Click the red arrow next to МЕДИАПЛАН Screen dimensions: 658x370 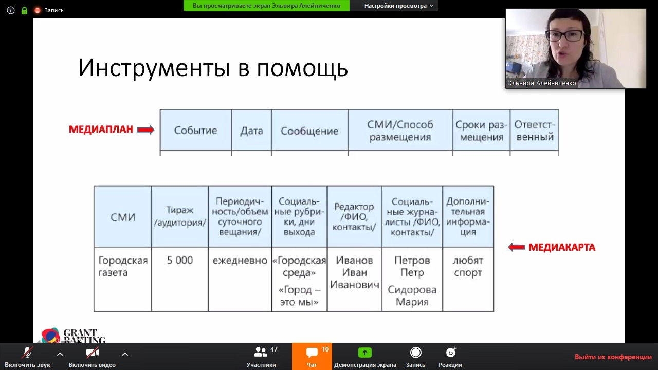point(145,129)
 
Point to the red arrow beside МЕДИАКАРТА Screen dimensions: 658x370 point(517,247)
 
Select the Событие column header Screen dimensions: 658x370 point(196,130)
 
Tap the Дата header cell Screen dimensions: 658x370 point(251,130)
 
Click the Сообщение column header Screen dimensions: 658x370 point(309,130)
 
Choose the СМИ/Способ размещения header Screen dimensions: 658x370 point(400,130)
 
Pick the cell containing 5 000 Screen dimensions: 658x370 point(180,279)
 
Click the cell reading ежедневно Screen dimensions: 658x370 point(240,279)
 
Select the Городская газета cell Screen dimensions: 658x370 point(123,279)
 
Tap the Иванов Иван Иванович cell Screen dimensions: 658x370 point(355,279)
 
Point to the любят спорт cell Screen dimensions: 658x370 point(468,279)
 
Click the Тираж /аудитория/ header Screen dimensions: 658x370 point(180,216)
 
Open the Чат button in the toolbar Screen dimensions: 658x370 point(312,357)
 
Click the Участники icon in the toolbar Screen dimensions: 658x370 point(260,352)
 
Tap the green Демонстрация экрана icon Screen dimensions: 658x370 point(365,353)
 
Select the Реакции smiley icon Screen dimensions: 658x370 point(451,352)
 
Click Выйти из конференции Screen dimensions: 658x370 point(613,357)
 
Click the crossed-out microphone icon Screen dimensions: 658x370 point(27,353)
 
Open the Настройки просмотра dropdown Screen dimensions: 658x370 point(398,6)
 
